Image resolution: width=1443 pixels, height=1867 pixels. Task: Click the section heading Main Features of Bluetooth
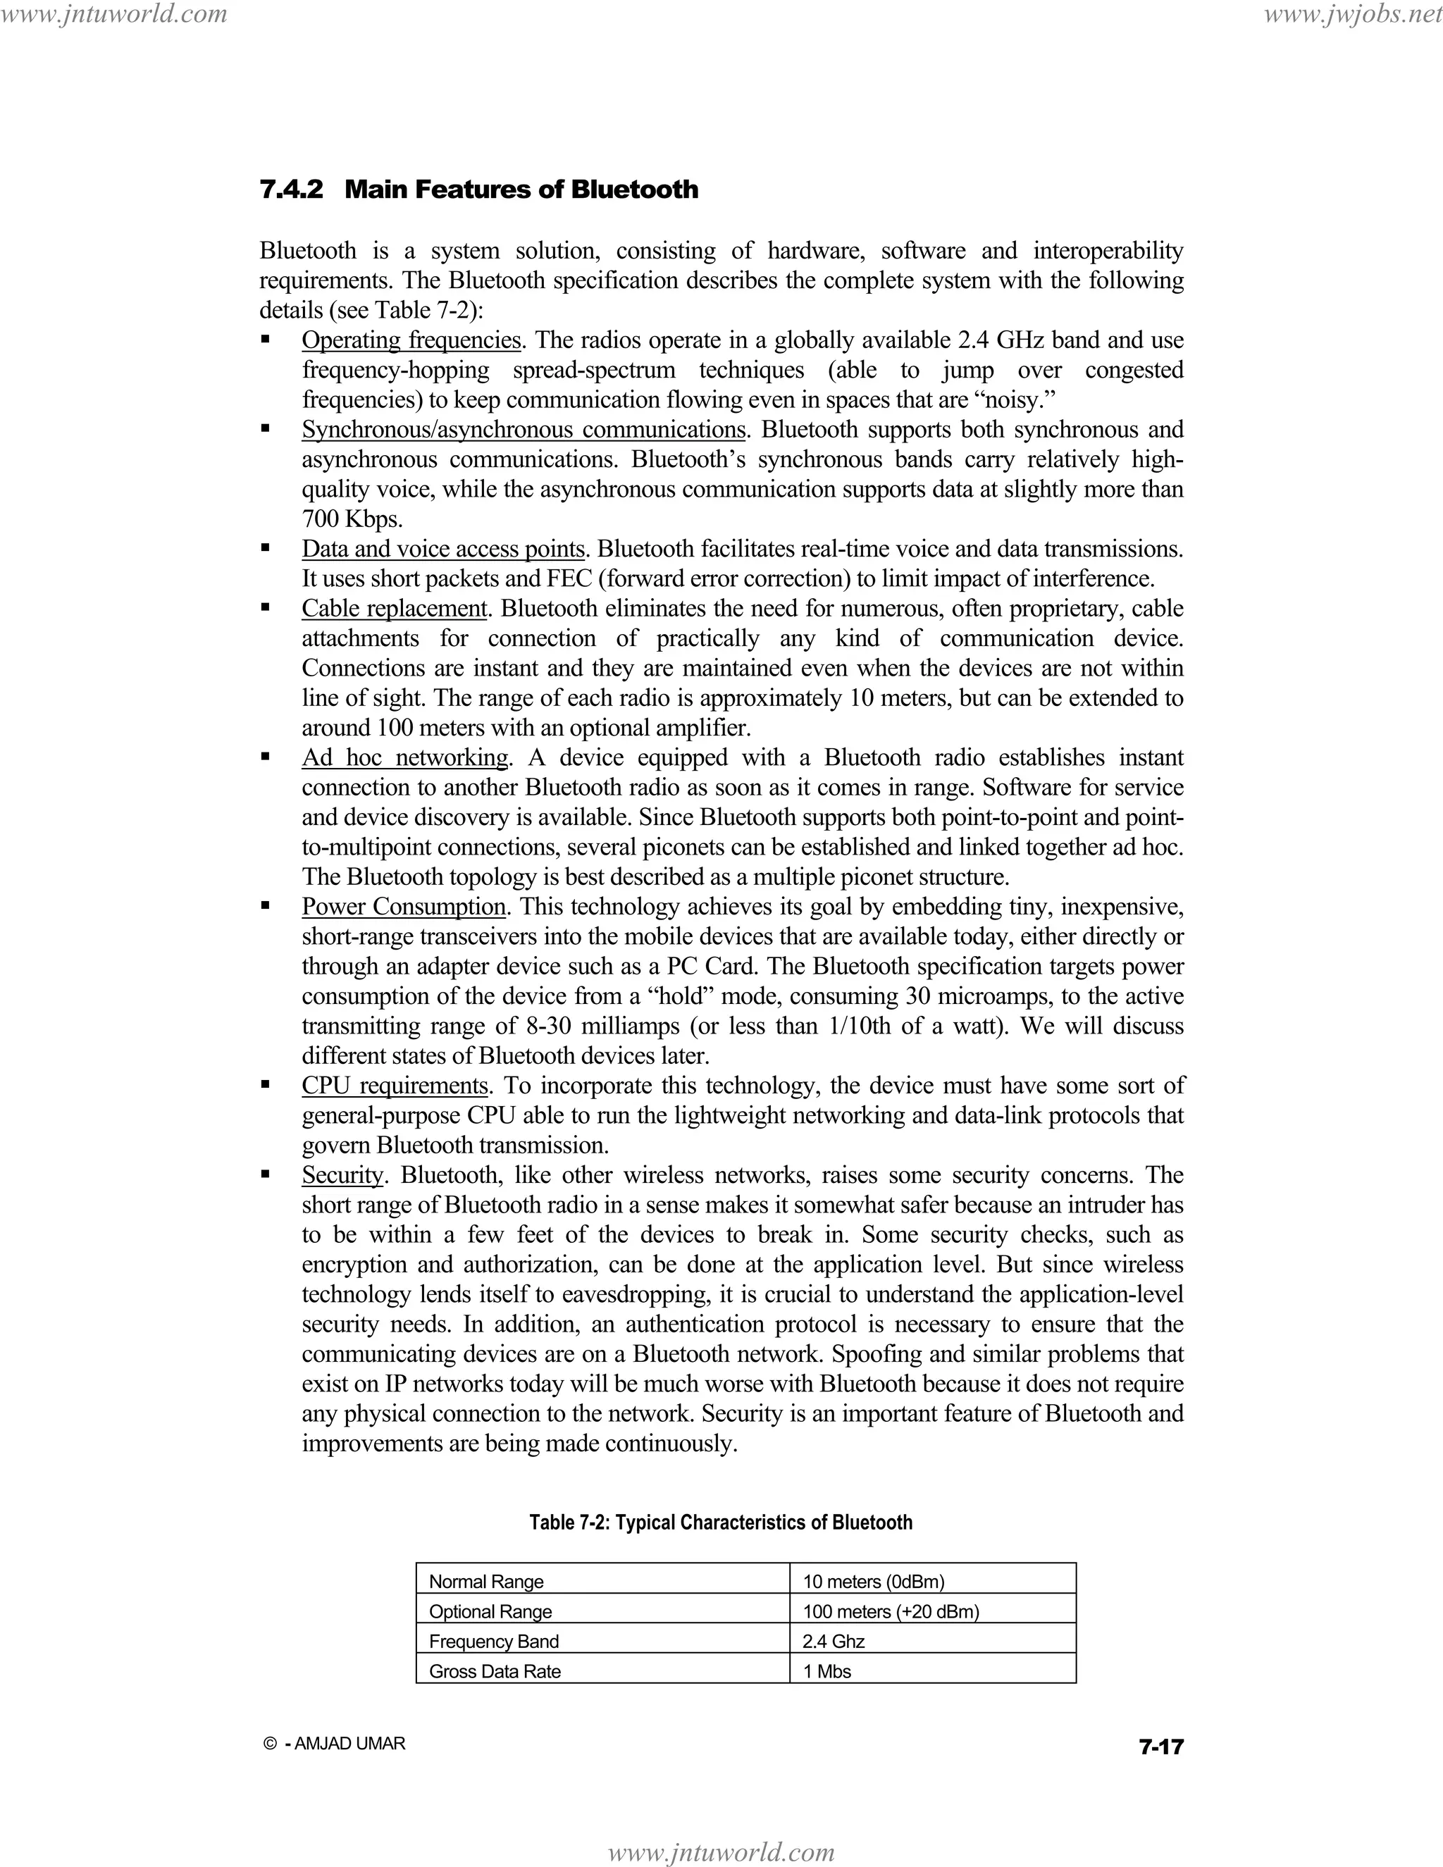521,189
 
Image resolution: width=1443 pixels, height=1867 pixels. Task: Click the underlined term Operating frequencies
411,340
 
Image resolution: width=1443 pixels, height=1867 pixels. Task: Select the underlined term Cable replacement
394,609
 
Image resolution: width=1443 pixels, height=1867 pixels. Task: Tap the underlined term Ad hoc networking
405,757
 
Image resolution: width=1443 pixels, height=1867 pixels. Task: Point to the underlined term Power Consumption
404,906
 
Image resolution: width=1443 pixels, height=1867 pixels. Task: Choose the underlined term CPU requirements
394,1086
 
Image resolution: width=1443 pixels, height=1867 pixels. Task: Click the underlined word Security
342,1174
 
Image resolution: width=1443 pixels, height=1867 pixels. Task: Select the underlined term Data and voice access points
442,549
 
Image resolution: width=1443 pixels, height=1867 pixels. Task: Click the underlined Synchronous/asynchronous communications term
524,429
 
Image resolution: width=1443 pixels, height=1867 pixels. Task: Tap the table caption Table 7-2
721,1522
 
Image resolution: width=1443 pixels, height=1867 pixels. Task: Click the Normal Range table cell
486,1582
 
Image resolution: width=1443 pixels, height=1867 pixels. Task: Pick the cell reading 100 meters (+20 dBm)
891,1611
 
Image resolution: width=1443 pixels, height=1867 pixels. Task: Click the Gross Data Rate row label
495,1671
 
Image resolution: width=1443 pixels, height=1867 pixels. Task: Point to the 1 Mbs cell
826,1671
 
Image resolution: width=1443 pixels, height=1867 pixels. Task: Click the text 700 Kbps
352,519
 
